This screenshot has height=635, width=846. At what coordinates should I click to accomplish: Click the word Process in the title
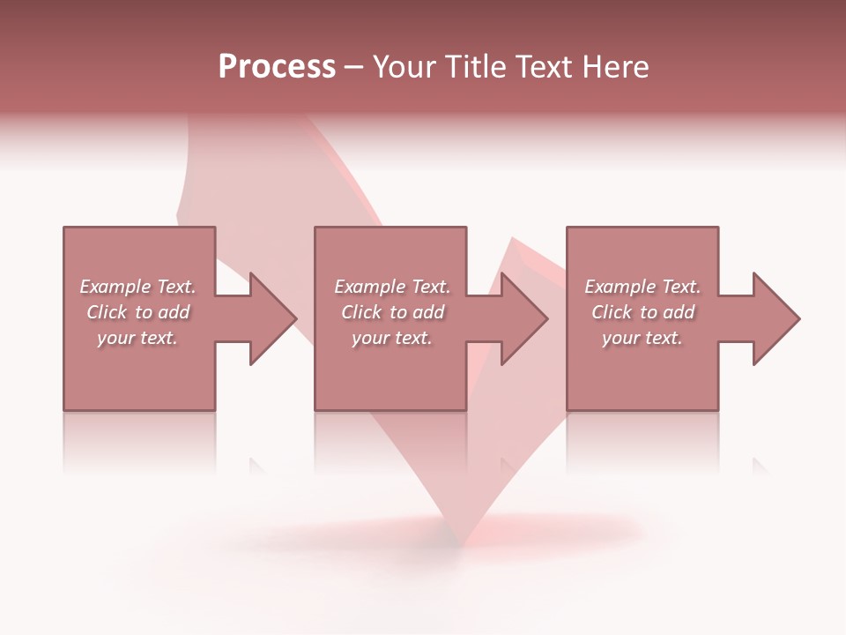277,67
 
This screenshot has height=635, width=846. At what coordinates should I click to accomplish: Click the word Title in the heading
475,67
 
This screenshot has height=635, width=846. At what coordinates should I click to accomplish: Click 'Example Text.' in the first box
137,287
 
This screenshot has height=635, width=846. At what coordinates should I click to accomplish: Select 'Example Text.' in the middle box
392,287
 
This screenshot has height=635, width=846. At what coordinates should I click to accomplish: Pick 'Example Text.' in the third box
642,287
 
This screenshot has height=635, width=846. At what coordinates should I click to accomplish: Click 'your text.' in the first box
137,338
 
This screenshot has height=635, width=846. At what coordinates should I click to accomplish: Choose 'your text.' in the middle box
392,338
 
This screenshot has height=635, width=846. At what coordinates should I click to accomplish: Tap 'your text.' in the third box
642,338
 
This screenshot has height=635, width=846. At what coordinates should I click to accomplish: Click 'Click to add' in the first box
137,312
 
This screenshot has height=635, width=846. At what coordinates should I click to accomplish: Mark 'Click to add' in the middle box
392,312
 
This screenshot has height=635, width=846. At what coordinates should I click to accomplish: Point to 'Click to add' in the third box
642,312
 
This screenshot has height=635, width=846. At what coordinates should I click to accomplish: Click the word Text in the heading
541,67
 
